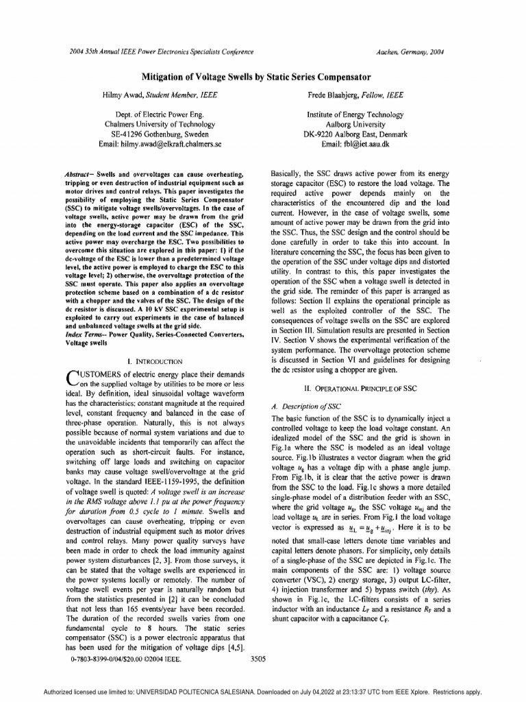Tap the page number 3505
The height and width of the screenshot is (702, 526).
coord(258,659)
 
